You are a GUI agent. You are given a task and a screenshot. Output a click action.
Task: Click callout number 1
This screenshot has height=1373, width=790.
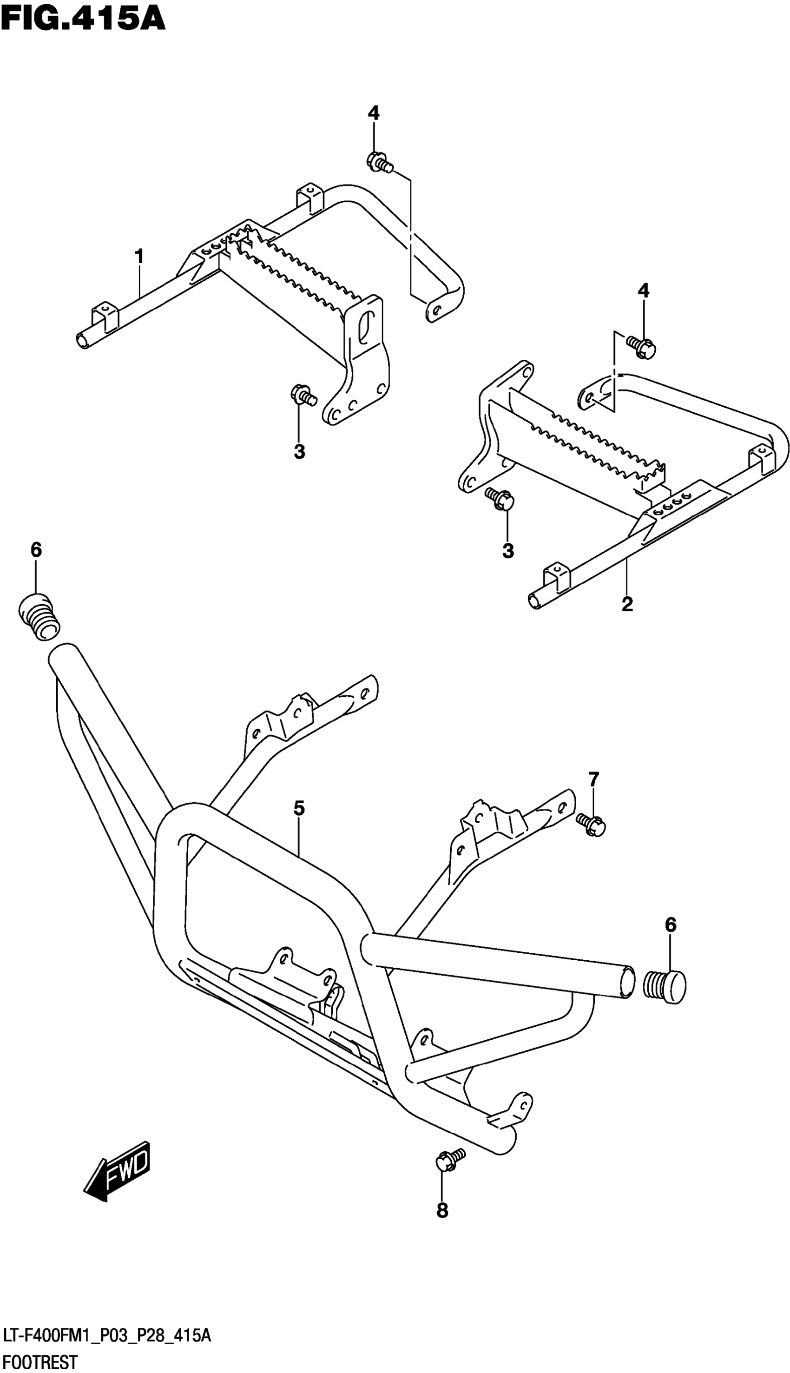[x=139, y=256]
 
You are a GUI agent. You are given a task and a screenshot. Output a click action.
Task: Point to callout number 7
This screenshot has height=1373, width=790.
[x=593, y=779]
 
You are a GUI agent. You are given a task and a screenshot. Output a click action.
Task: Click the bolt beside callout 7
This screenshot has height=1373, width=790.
[x=590, y=825]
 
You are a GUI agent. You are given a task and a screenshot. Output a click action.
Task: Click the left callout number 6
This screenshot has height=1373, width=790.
[x=36, y=550]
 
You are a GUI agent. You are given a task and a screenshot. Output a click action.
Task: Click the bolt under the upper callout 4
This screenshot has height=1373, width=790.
[x=379, y=161]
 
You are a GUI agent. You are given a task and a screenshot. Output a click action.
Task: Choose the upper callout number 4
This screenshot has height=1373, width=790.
[x=373, y=113]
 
